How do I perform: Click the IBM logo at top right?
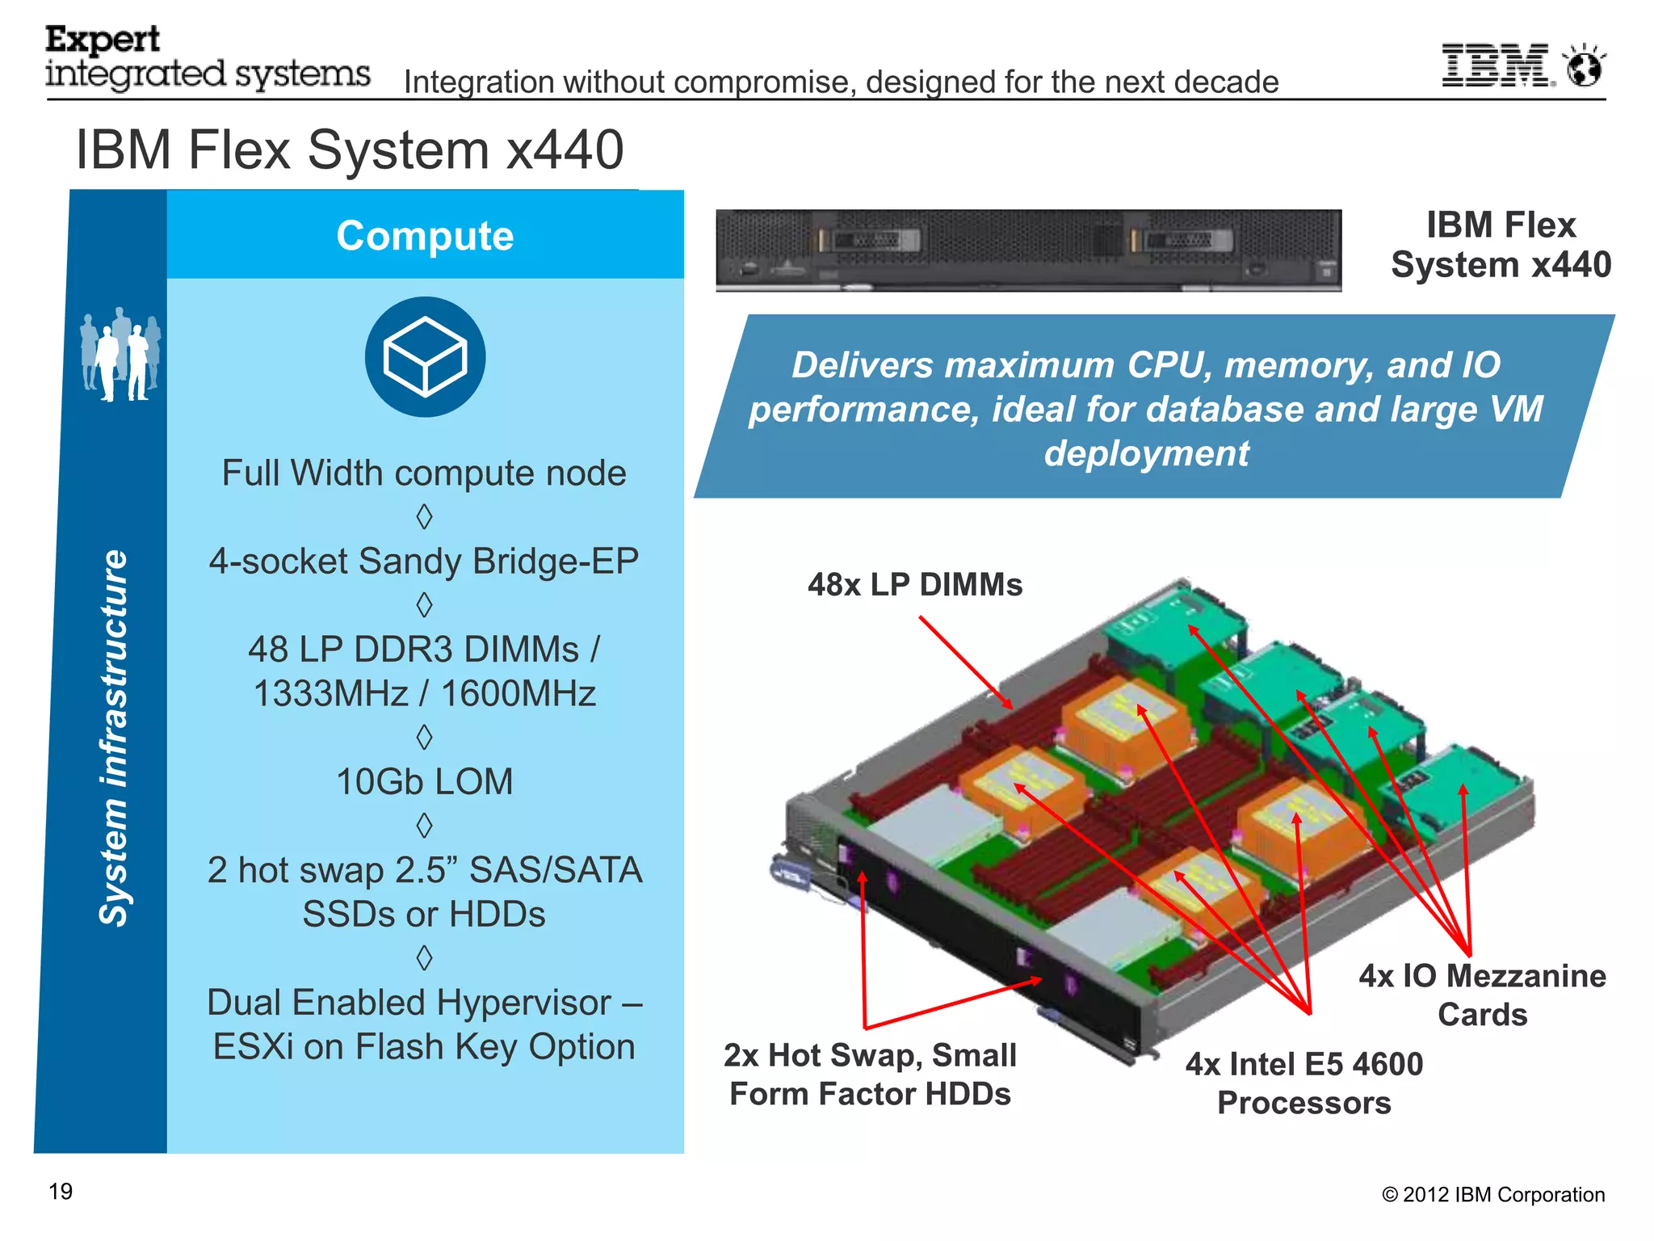[1495, 65]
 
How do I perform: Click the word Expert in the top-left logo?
[102, 40]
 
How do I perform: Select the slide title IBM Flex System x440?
[349, 150]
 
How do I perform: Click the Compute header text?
[425, 236]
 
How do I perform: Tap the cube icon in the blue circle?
[425, 357]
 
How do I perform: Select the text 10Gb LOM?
[424, 781]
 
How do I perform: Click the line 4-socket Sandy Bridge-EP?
[424, 561]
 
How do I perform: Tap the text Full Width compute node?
[424, 473]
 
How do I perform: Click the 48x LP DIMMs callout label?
[914, 584]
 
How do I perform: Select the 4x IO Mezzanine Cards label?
[1482, 995]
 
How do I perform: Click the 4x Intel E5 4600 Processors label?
[1304, 1083]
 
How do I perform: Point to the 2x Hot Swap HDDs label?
[870, 1075]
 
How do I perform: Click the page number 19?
[61, 1191]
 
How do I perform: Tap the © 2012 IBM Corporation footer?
[1492, 1194]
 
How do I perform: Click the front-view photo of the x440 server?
[1028, 250]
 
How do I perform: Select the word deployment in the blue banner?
[1146, 453]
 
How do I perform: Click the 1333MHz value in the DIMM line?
[330, 693]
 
